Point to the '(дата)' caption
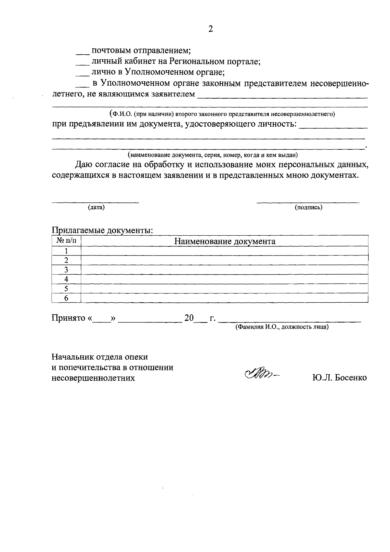coord(96,207)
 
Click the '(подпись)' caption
coord(308,207)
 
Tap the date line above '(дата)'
coord(96,202)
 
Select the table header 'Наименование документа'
coord(225,241)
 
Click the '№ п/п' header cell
coord(67,241)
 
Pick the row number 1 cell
coord(66,251)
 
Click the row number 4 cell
coord(66,279)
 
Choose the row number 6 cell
coord(66,298)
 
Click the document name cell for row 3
coord(224,269)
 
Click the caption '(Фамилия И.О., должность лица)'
coord(282,327)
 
